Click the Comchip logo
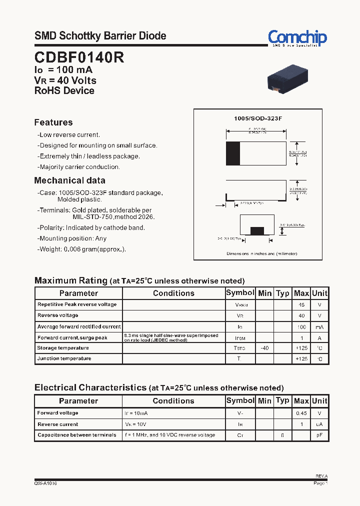pos(297,37)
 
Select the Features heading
pos(53,122)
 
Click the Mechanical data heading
pos(69,180)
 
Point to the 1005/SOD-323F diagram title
pos(258,118)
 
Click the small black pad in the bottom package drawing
pos(257,230)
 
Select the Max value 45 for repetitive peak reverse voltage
pos(301,304)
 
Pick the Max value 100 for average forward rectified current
pos(301,326)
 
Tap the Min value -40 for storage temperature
pos(264,348)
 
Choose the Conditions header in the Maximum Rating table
pos(173,293)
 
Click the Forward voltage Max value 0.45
pos(301,413)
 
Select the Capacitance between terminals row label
pos(77,435)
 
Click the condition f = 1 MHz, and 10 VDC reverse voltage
pos(169,435)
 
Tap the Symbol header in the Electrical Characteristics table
pos(240,400)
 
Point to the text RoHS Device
pos(64,91)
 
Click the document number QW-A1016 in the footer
pos(45,483)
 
